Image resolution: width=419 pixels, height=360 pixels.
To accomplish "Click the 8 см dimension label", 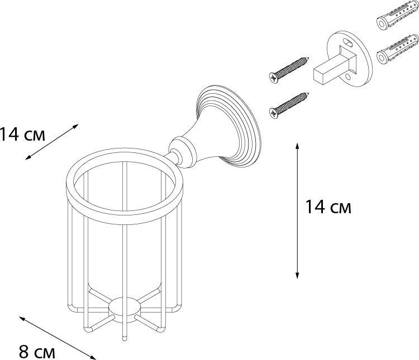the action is pos(37,352).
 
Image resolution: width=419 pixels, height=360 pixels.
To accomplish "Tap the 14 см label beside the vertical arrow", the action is pos(328,207).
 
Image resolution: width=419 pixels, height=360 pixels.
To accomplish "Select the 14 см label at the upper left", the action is pos(22,134).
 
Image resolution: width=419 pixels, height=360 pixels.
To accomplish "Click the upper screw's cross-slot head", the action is pos(273,78).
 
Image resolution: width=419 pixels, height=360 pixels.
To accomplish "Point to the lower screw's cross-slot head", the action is pos(273,113).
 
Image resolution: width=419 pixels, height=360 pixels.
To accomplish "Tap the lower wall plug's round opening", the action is pos(382,56).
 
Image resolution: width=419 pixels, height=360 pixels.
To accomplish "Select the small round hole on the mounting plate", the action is pos(347,78).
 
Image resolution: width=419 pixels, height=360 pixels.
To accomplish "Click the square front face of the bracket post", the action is pos(319,75).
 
